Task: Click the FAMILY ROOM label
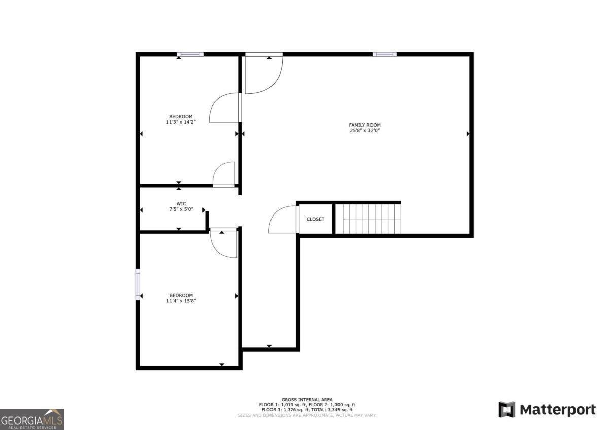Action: [364, 125]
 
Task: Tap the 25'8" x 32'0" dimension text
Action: [364, 131]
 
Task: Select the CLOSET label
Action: [315, 219]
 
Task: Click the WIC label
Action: [181, 204]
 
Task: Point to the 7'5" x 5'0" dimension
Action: [181, 209]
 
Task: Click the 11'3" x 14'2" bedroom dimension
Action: [181, 122]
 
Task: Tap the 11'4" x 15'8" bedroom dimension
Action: [181, 301]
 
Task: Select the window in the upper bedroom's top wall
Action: [190, 54]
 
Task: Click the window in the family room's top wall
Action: [385, 54]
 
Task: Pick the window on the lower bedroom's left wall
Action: [138, 284]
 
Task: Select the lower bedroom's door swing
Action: [224, 243]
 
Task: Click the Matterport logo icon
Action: [506, 409]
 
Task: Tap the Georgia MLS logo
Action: [32, 419]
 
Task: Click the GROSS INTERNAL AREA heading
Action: [307, 400]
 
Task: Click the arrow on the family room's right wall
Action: [468, 134]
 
